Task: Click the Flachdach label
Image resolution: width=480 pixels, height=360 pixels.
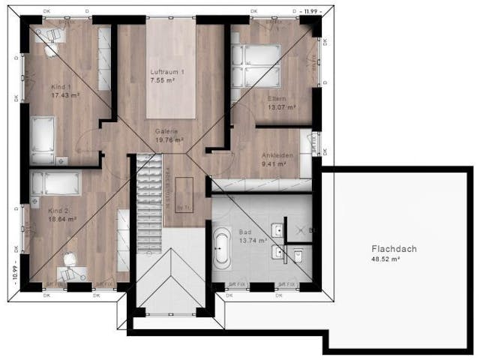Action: (x=393, y=248)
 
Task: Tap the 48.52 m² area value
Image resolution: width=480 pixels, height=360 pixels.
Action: (x=393, y=259)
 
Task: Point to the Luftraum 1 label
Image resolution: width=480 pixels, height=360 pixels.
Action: (x=167, y=70)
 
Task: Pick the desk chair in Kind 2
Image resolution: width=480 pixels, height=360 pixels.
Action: (x=69, y=260)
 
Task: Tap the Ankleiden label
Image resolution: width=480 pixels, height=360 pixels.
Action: (x=277, y=154)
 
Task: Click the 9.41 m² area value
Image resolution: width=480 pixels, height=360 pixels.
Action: (x=274, y=163)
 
